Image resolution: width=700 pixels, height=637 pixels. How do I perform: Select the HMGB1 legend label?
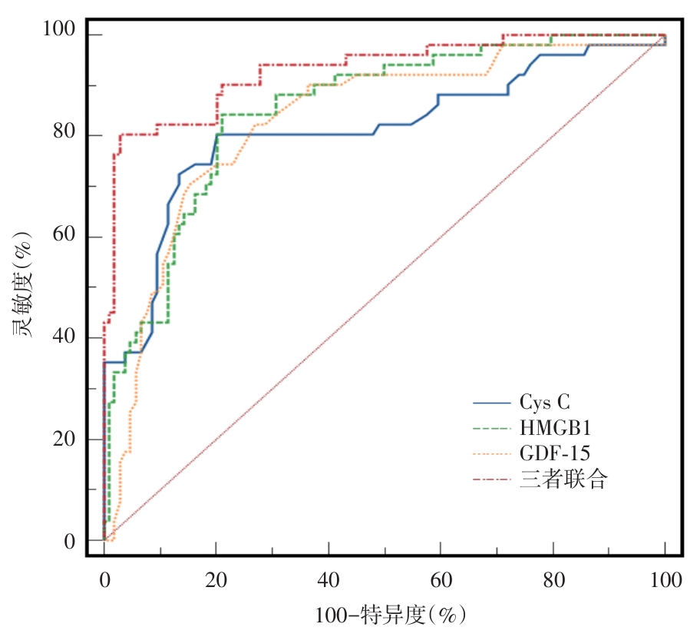point(553,428)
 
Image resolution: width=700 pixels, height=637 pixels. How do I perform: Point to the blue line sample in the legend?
point(493,403)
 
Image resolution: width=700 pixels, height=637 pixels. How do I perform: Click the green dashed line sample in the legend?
point(493,428)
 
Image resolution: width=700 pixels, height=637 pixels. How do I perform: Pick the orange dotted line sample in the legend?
point(493,453)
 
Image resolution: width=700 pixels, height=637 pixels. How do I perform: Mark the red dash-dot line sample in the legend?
point(493,479)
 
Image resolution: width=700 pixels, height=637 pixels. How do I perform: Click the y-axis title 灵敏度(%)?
point(22,285)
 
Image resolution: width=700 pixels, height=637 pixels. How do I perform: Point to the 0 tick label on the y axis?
point(70,541)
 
